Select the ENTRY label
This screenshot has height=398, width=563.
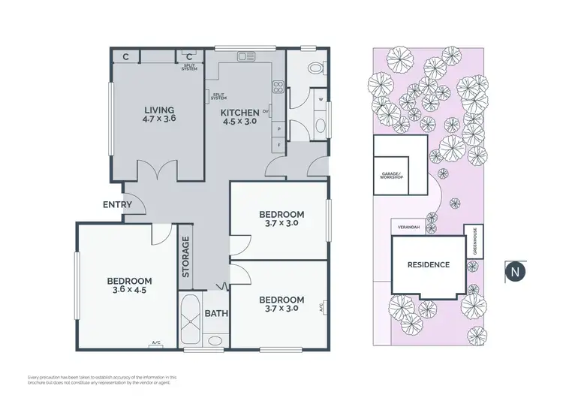point(118,205)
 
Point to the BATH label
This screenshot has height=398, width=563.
point(216,315)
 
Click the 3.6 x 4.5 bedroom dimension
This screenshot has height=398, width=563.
point(126,291)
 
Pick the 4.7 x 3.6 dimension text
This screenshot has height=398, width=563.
point(158,119)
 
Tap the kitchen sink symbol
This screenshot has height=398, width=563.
point(246,56)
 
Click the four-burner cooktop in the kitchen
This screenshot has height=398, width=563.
point(278,86)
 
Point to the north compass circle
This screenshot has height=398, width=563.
point(515,270)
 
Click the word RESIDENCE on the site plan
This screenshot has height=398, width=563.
point(429,264)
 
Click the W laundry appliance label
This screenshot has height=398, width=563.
point(320,99)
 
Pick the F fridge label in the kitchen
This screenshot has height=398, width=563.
point(278,143)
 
